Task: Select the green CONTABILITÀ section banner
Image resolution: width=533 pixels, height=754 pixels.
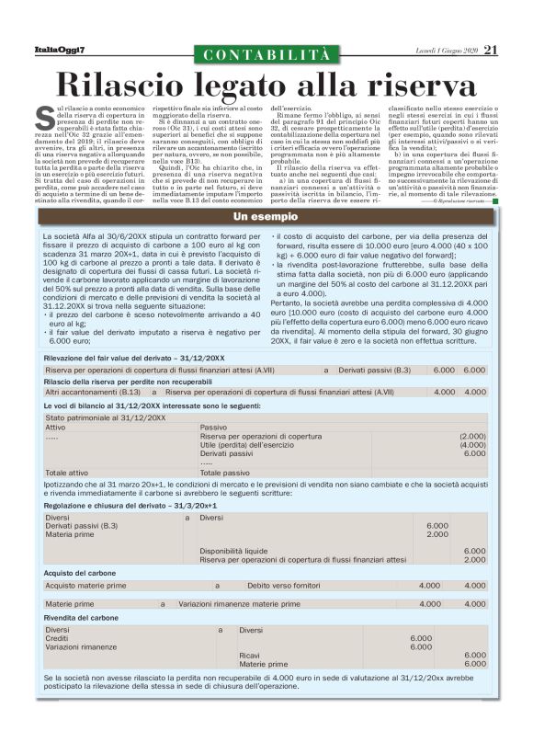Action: pyautogui.click(x=266, y=55)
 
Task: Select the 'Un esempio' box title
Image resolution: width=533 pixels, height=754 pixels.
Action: pyautogui.click(x=266, y=217)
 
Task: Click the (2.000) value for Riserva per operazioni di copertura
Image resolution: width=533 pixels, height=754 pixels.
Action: pyautogui.click(x=472, y=436)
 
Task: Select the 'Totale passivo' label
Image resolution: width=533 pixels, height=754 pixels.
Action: pyautogui.click(x=226, y=473)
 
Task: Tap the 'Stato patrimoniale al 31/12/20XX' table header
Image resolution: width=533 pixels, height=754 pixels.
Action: pyautogui.click(x=105, y=417)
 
